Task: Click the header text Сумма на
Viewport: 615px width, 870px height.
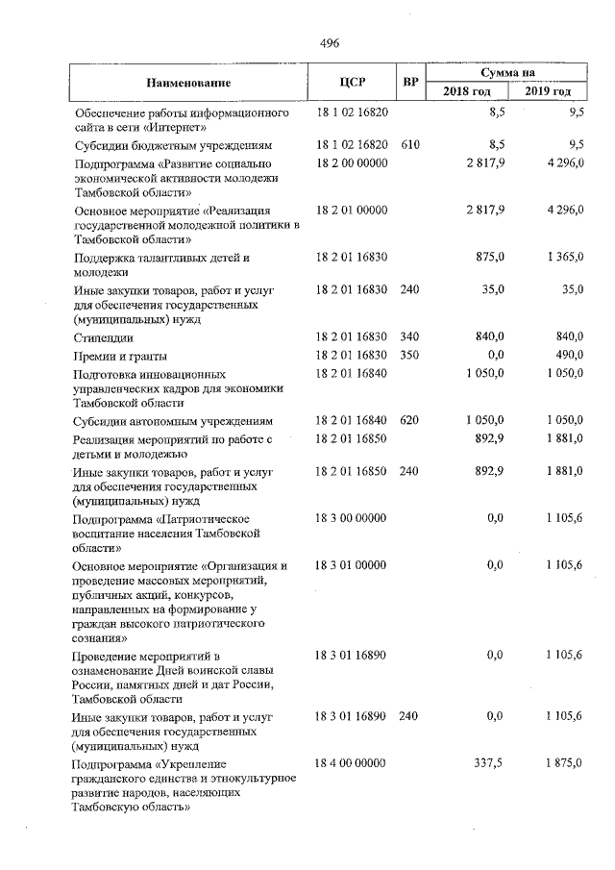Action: click(x=513, y=72)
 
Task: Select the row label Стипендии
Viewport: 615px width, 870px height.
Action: click(x=103, y=336)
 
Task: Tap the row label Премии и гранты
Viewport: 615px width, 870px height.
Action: click(x=119, y=355)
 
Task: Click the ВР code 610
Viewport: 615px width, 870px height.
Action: click(x=410, y=145)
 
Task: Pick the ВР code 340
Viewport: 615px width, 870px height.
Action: click(x=410, y=336)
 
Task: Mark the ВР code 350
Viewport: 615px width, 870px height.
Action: click(x=410, y=355)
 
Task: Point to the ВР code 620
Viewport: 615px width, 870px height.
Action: click(x=410, y=421)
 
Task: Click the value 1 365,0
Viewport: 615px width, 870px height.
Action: click(x=560, y=258)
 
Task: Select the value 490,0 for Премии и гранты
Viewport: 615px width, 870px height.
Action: click(x=567, y=355)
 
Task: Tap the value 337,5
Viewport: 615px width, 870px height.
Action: click(x=489, y=763)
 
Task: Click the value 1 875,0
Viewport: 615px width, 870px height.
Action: click(x=560, y=763)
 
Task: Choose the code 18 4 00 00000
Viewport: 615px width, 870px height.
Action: click(x=351, y=763)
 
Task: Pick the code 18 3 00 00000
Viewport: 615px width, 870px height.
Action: click(x=351, y=518)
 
